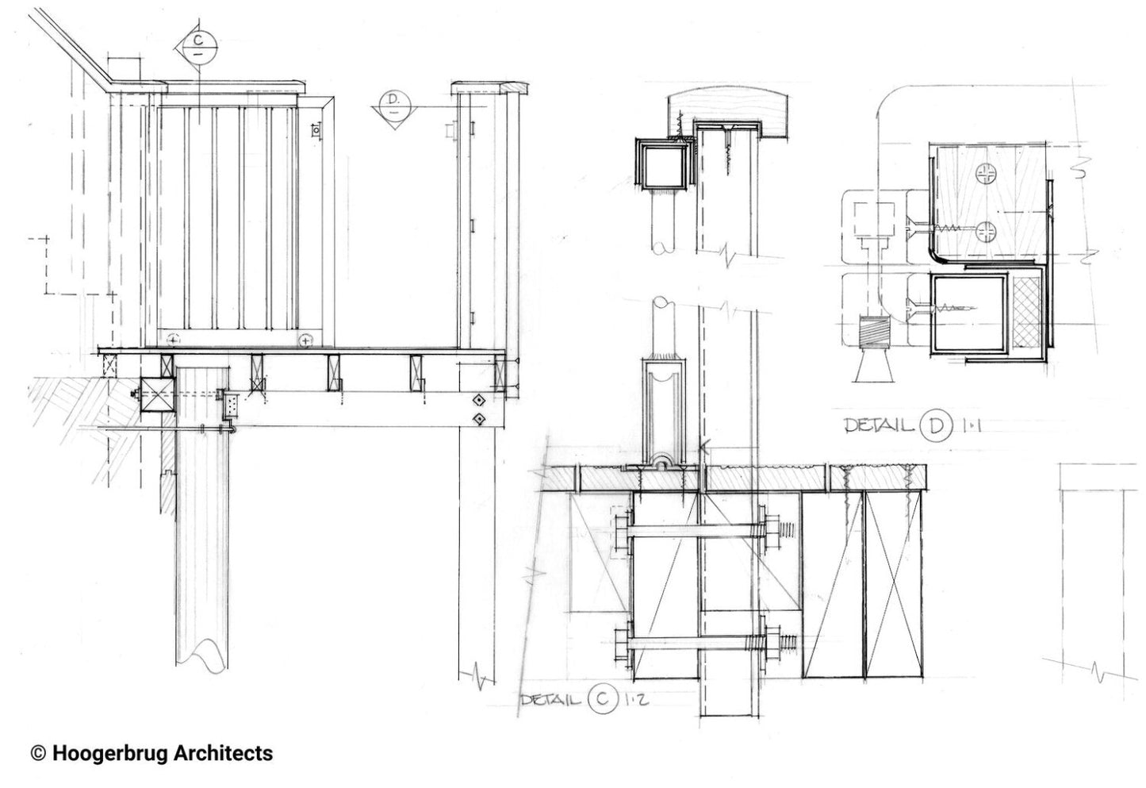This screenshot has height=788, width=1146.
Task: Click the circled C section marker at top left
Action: click(x=199, y=47)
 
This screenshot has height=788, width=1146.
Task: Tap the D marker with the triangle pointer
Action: click(x=393, y=109)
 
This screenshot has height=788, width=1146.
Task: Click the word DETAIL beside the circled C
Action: click(x=550, y=699)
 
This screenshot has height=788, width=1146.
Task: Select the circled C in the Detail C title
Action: click(x=602, y=698)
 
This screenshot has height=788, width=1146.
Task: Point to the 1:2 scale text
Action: click(x=636, y=699)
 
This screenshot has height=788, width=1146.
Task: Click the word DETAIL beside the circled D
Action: click(x=878, y=425)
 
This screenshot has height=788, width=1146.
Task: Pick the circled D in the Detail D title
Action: click(x=935, y=425)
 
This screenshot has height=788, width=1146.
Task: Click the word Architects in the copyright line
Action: click(x=223, y=754)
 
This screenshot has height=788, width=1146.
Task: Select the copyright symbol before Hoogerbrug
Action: click(x=38, y=754)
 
